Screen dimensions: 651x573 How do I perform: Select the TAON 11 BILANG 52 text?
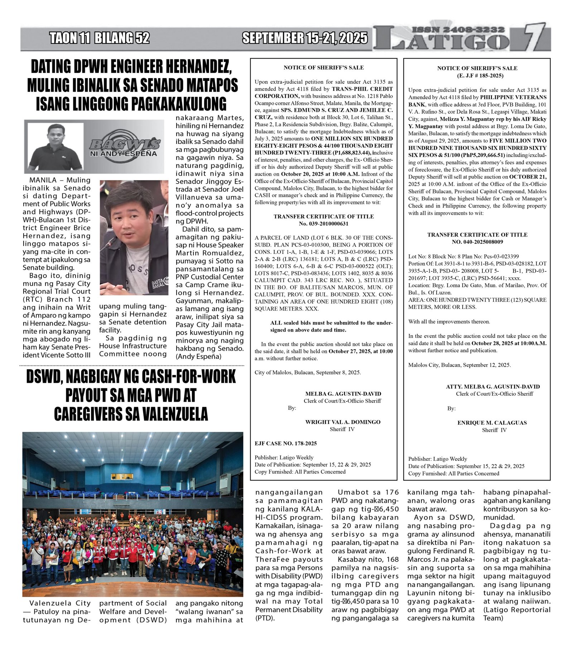pos(99,38)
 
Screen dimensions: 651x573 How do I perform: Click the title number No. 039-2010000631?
pos(323,224)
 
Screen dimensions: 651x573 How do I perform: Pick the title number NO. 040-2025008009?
pos(477,242)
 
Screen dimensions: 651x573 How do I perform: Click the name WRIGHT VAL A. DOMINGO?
pos(343,422)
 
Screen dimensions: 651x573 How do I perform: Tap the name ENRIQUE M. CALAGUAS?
pos(492,423)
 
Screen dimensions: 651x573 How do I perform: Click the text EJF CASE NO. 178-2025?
pos(285,444)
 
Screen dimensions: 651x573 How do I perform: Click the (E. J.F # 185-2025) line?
pos(477,76)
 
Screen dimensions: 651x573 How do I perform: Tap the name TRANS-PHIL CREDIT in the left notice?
pos(362,89)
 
